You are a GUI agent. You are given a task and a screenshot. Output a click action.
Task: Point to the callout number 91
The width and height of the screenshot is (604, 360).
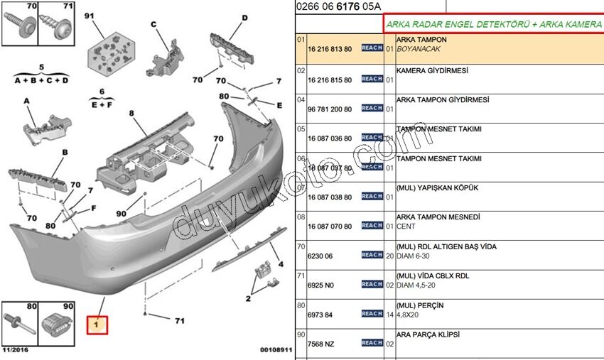click(x=89, y=16)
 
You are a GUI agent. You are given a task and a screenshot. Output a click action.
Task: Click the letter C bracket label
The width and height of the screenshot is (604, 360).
click(x=153, y=24)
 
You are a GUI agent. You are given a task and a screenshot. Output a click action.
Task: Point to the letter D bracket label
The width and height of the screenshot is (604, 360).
click(x=244, y=18)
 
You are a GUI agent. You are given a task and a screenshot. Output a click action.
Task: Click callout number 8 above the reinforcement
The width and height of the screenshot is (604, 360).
click(x=131, y=114)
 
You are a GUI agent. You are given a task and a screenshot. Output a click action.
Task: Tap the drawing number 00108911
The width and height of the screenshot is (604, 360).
click(x=276, y=350)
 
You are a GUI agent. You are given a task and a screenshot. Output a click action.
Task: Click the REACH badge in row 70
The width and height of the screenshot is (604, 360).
click(x=372, y=255)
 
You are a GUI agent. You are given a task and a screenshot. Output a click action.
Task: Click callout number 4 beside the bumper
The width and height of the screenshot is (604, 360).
click(x=280, y=264)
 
